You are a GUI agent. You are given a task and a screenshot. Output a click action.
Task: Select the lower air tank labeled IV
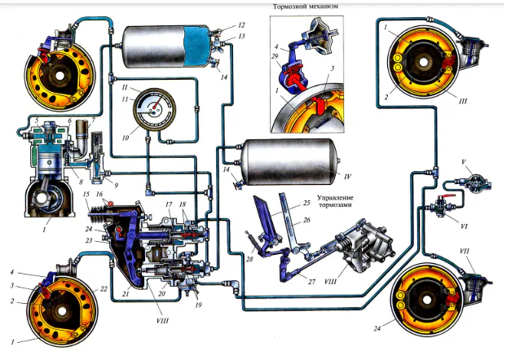(285, 165)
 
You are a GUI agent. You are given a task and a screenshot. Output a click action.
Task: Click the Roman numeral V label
(463, 162)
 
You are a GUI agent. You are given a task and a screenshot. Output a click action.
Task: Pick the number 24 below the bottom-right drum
(378, 329)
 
